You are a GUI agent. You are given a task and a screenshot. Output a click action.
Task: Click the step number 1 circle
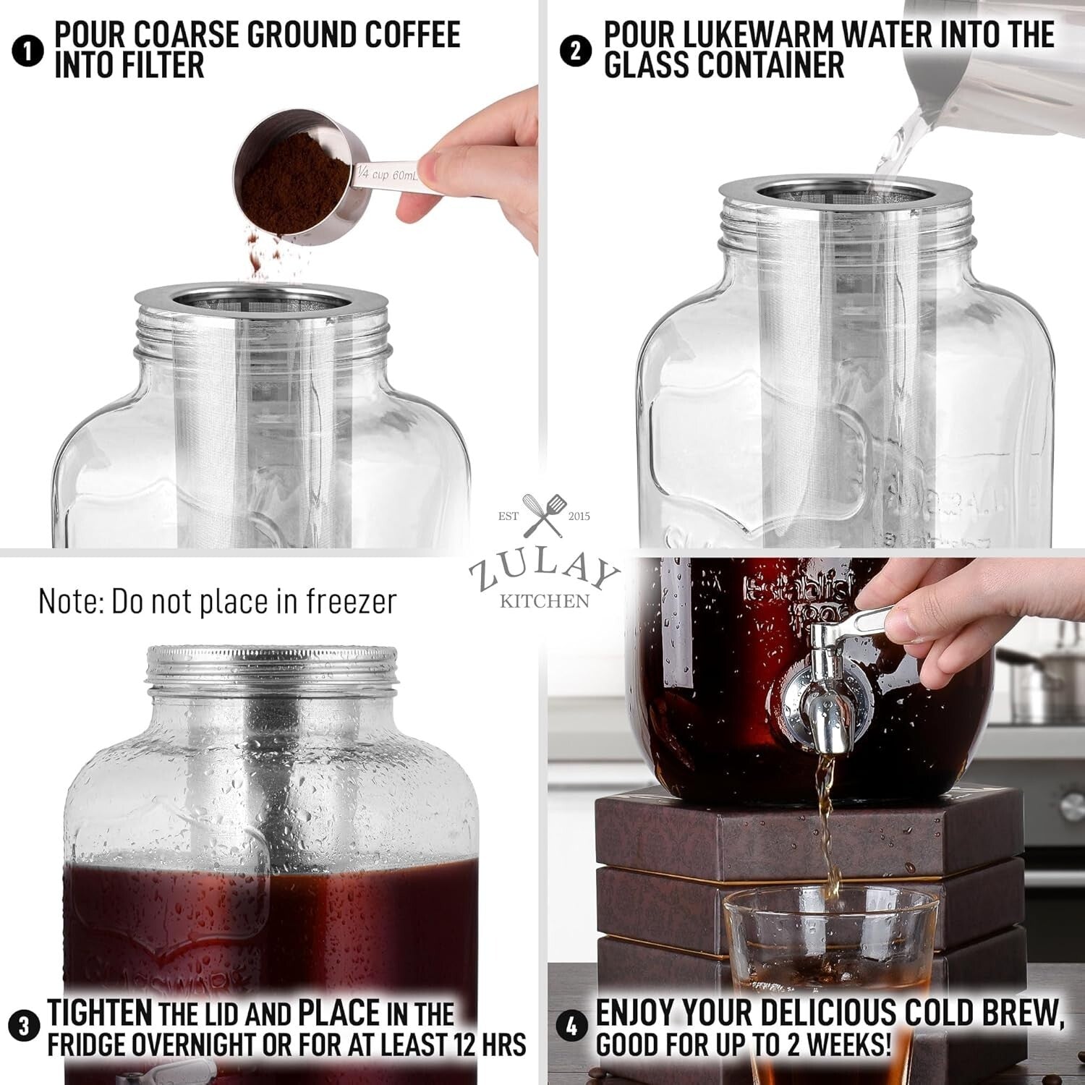click(x=28, y=52)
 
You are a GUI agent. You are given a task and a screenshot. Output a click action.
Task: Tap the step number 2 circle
click(x=576, y=52)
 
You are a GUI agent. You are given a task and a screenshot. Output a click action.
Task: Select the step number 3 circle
click(x=24, y=1027)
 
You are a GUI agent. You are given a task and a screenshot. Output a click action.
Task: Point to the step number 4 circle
click(x=571, y=1027)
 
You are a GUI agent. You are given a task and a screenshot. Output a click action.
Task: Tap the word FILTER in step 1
click(x=166, y=66)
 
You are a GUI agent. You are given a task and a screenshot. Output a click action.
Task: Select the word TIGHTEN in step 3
click(x=100, y=1013)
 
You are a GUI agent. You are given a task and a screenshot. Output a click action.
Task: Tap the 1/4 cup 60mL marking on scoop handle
click(x=387, y=174)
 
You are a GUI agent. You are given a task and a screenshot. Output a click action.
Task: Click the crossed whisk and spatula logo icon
click(x=545, y=514)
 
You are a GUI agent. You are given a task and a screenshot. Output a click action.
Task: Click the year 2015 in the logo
click(x=579, y=516)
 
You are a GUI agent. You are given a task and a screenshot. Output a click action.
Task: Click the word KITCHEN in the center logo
click(x=544, y=601)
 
